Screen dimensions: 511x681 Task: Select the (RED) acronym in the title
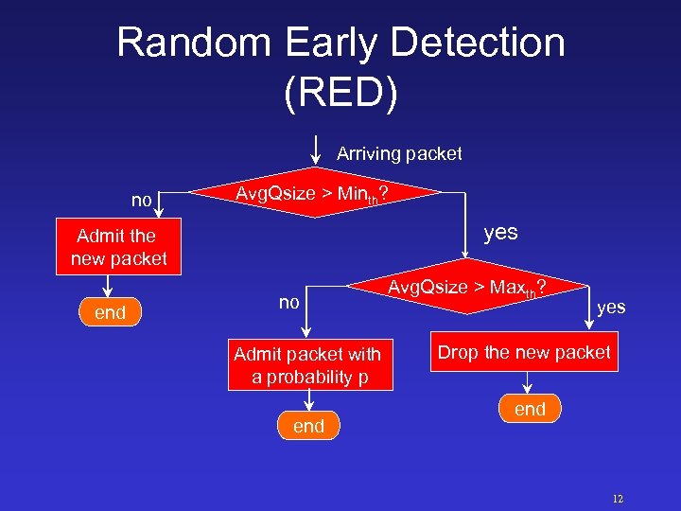click(x=340, y=92)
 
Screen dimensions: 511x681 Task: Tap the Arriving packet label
click(x=399, y=153)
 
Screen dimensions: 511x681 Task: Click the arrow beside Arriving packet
click(x=315, y=150)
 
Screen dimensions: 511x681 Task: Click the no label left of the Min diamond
click(x=142, y=200)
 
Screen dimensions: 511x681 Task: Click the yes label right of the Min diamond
click(x=500, y=233)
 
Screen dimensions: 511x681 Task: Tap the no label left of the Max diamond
click(x=288, y=302)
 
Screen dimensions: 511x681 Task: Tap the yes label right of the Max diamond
click(x=611, y=307)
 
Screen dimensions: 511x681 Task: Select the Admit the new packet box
click(x=118, y=246)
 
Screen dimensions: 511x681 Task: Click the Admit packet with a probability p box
click(x=307, y=365)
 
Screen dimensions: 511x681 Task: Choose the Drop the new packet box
click(x=524, y=353)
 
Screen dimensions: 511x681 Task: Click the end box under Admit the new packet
click(x=111, y=312)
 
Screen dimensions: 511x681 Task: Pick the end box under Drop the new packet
click(x=530, y=409)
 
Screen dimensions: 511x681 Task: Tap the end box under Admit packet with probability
click(x=308, y=426)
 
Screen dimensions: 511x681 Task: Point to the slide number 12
click(x=618, y=499)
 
